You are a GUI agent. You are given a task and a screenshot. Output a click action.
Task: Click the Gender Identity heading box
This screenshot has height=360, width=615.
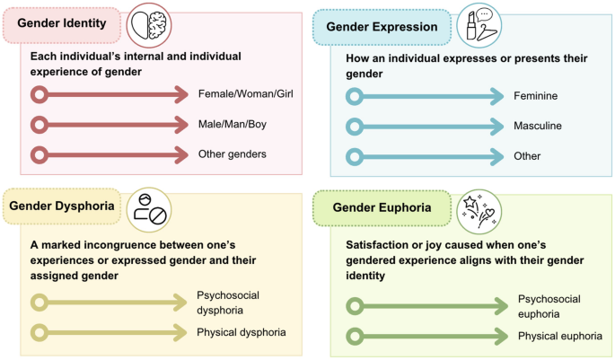(x=61, y=24)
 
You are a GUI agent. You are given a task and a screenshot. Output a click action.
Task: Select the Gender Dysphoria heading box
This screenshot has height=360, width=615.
(x=61, y=206)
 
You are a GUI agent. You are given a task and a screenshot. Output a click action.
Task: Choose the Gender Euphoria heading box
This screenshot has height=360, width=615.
(x=381, y=207)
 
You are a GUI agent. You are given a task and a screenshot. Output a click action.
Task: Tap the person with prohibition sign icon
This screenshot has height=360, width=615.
(x=147, y=208)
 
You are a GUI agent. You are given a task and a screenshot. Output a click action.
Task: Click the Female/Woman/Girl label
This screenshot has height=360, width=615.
(x=245, y=93)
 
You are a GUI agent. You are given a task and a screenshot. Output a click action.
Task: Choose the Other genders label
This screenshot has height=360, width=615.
(x=232, y=154)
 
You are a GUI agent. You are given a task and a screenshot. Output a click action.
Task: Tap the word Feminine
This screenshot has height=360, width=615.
(x=536, y=96)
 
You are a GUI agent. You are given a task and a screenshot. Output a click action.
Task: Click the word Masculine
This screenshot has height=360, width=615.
(x=538, y=126)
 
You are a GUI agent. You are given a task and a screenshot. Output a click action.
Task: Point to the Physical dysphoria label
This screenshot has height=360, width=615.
(x=241, y=332)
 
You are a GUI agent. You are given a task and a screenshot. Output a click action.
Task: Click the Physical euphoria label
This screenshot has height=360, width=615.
(x=558, y=336)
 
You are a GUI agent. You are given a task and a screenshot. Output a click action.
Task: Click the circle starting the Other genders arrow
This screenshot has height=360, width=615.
(x=40, y=154)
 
